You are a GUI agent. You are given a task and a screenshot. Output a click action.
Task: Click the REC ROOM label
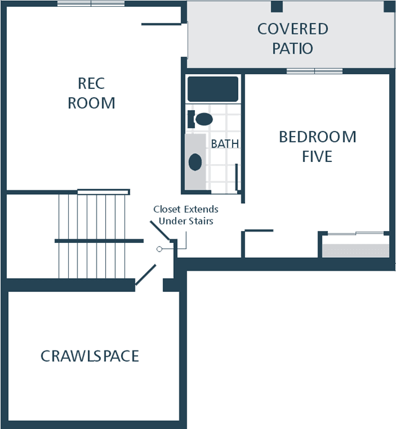92,93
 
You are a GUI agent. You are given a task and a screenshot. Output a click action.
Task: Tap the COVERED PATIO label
293,38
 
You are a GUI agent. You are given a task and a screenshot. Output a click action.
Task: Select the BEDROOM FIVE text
317,147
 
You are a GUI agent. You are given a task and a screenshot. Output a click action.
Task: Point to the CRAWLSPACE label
90,356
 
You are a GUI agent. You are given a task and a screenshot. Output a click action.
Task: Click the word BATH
225,143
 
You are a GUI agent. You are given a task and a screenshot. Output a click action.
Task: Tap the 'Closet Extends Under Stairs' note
186,215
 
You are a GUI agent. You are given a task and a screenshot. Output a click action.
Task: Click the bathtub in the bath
213,89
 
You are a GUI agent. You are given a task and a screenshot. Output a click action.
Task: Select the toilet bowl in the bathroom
204,119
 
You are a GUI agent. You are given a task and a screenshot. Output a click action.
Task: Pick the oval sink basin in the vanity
196,162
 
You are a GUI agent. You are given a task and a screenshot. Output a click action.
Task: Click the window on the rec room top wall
91,4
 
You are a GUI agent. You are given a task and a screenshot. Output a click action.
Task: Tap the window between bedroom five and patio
314,71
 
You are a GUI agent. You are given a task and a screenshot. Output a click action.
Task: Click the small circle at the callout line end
159,249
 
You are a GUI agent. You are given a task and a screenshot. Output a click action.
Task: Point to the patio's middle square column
277,7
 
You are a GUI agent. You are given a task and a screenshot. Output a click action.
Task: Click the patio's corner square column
389,7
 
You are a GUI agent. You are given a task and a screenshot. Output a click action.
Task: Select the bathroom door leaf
236,177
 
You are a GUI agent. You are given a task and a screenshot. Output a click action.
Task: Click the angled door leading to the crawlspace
145,274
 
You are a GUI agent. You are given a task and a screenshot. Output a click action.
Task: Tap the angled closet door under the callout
160,231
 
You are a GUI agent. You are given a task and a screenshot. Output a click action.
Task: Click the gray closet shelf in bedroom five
355,250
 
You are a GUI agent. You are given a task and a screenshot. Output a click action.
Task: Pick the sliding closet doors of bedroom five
355,234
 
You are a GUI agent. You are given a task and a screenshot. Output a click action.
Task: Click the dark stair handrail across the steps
99,241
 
